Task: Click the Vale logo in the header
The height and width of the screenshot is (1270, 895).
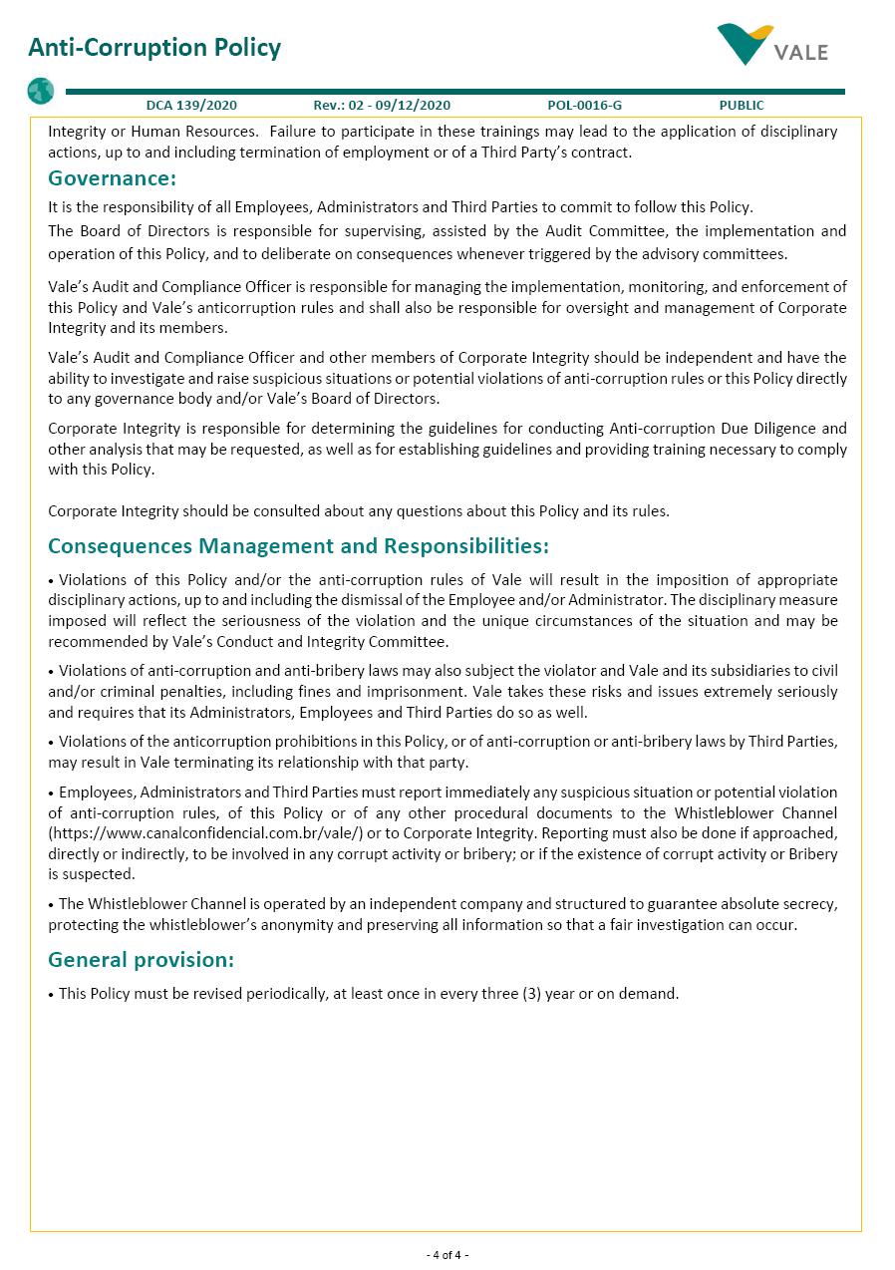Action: pos(772,45)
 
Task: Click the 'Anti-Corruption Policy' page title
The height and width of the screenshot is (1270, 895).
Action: pos(154,48)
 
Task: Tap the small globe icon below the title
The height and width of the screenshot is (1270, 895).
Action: pos(41,92)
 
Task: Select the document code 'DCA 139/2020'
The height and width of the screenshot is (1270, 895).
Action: pos(191,105)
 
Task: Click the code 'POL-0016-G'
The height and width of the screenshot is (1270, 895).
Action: pos(584,105)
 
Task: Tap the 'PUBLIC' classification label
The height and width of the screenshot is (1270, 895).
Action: pos(742,105)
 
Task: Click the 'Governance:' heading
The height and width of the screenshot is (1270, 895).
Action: pos(112,178)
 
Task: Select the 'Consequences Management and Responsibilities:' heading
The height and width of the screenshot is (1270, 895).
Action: pos(298,546)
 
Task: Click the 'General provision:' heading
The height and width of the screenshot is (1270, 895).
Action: pos(141,960)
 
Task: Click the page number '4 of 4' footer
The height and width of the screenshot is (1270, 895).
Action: pos(447,1254)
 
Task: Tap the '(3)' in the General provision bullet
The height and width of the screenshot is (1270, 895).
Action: pos(533,994)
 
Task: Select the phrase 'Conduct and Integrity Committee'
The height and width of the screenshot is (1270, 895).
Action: pos(340,642)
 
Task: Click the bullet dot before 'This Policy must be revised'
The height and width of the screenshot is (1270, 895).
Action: pos(52,994)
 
